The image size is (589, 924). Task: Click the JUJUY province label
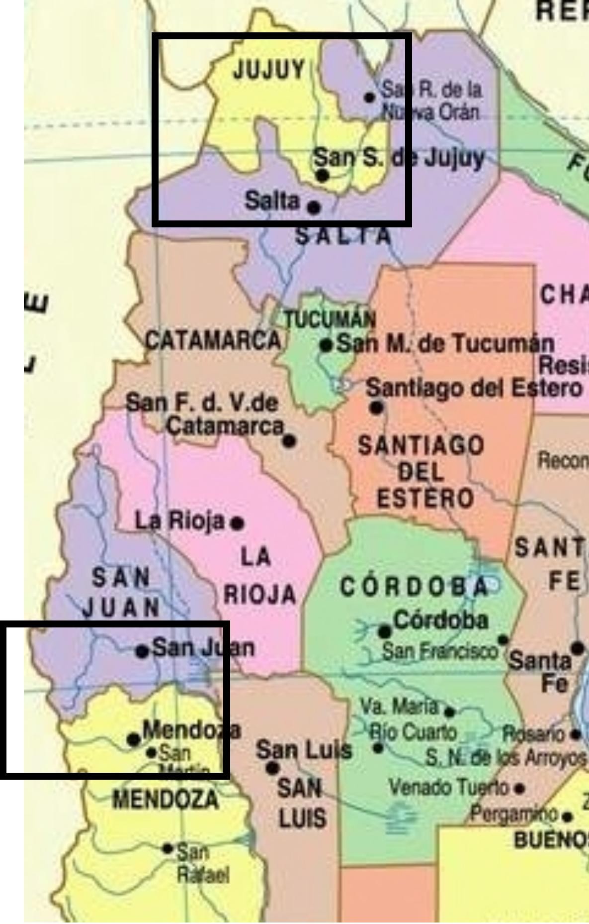tap(269, 70)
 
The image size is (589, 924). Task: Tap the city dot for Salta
tap(314, 207)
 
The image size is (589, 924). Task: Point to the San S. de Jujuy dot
tap(323, 175)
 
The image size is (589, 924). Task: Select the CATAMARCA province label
tap(213, 341)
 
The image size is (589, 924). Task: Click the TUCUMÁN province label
tap(330, 319)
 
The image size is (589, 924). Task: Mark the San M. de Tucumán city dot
tap(326, 345)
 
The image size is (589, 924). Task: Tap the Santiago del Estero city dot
tap(376, 408)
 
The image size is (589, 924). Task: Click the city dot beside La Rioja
tap(238, 523)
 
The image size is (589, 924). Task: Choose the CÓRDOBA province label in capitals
tap(414, 588)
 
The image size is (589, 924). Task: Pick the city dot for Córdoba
tap(384, 632)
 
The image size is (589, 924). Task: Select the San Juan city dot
tap(142, 651)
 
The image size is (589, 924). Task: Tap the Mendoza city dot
tap(133, 739)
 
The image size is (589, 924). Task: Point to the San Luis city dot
tap(272, 768)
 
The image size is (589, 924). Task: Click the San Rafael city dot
tap(168, 848)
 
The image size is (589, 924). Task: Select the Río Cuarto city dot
tap(378, 748)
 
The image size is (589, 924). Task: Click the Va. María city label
tap(400, 707)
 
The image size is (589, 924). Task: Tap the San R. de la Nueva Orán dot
tap(369, 97)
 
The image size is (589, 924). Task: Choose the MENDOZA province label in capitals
tap(166, 800)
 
